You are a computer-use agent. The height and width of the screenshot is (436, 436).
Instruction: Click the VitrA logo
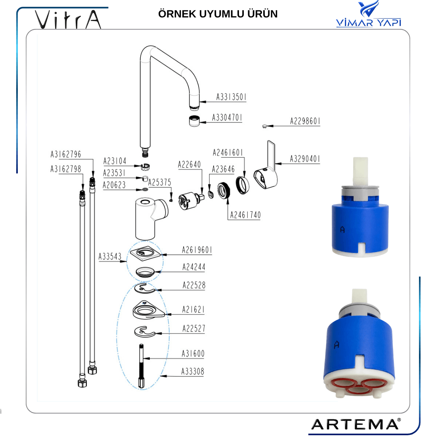coord(68,19)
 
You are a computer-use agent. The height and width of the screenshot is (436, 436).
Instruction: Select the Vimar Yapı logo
coord(369,14)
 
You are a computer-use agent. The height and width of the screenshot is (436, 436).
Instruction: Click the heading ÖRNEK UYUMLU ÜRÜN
coord(218,14)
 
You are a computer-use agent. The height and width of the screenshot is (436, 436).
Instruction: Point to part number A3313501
coord(231,97)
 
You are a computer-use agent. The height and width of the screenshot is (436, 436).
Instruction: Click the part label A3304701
coord(227,118)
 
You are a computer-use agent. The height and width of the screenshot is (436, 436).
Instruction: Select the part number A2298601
coord(305,121)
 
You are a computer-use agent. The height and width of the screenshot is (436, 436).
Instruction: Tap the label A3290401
coord(305,159)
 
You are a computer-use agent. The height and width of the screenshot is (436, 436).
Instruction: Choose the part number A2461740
coord(245,215)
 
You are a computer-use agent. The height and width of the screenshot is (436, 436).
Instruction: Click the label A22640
coord(189,164)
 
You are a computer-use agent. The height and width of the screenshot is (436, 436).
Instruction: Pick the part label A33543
coord(110,256)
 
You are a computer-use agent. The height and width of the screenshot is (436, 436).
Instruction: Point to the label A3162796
coord(66,154)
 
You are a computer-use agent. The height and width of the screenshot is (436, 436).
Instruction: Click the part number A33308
coord(193,371)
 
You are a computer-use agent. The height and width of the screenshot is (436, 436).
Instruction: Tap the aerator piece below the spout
coord(194,121)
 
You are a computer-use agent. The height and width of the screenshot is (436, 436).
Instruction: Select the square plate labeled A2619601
coord(145,253)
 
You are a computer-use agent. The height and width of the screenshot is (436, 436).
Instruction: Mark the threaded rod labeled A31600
coord(142,366)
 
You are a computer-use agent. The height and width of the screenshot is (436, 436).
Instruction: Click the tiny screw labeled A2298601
coord(264,126)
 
